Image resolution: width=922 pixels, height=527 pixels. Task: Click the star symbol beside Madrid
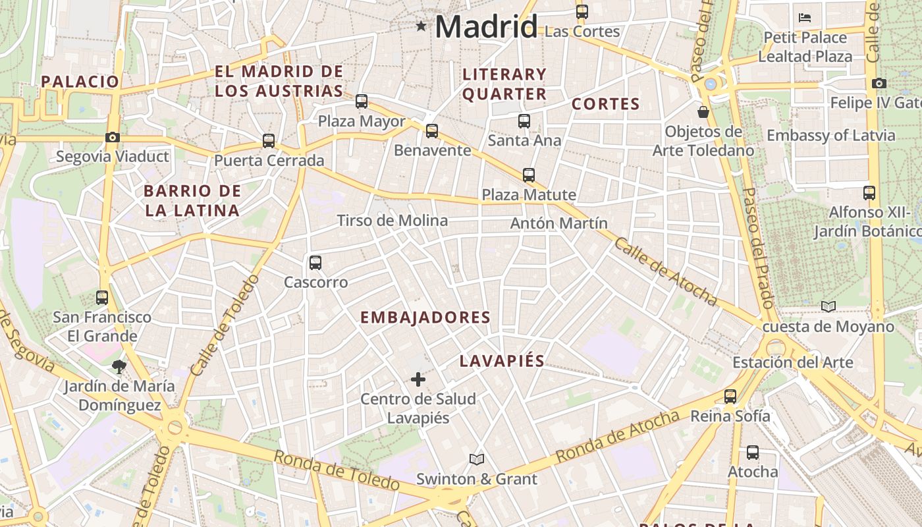tap(421, 26)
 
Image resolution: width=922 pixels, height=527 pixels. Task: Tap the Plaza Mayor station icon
tap(362, 101)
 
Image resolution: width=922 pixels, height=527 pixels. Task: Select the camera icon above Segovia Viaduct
tap(113, 138)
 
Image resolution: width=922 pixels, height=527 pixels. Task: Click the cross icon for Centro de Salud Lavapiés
tap(418, 379)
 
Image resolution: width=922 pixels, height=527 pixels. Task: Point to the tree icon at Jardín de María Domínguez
tap(119, 367)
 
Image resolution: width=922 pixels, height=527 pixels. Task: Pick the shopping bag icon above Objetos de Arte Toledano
tap(703, 112)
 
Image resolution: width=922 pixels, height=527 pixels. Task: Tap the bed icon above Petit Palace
tap(805, 18)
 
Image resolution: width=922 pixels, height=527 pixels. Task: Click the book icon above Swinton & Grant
tap(477, 459)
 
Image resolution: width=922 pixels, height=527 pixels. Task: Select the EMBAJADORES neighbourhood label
tap(425, 318)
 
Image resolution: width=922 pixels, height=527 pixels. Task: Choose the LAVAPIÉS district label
tap(502, 361)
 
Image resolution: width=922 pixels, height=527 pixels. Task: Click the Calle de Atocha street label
tap(665, 271)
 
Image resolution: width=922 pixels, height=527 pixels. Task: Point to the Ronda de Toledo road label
tap(336, 470)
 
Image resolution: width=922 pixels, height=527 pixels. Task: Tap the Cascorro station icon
tap(315, 263)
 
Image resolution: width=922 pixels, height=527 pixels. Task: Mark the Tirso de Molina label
tap(393, 221)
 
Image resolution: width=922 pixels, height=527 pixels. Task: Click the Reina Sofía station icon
tap(730, 397)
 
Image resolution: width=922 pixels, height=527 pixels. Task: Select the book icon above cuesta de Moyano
tap(828, 306)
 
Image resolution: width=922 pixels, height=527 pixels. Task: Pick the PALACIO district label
tap(80, 82)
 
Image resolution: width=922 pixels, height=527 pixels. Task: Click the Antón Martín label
tap(559, 224)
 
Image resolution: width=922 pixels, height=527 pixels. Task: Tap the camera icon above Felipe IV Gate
tap(879, 84)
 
